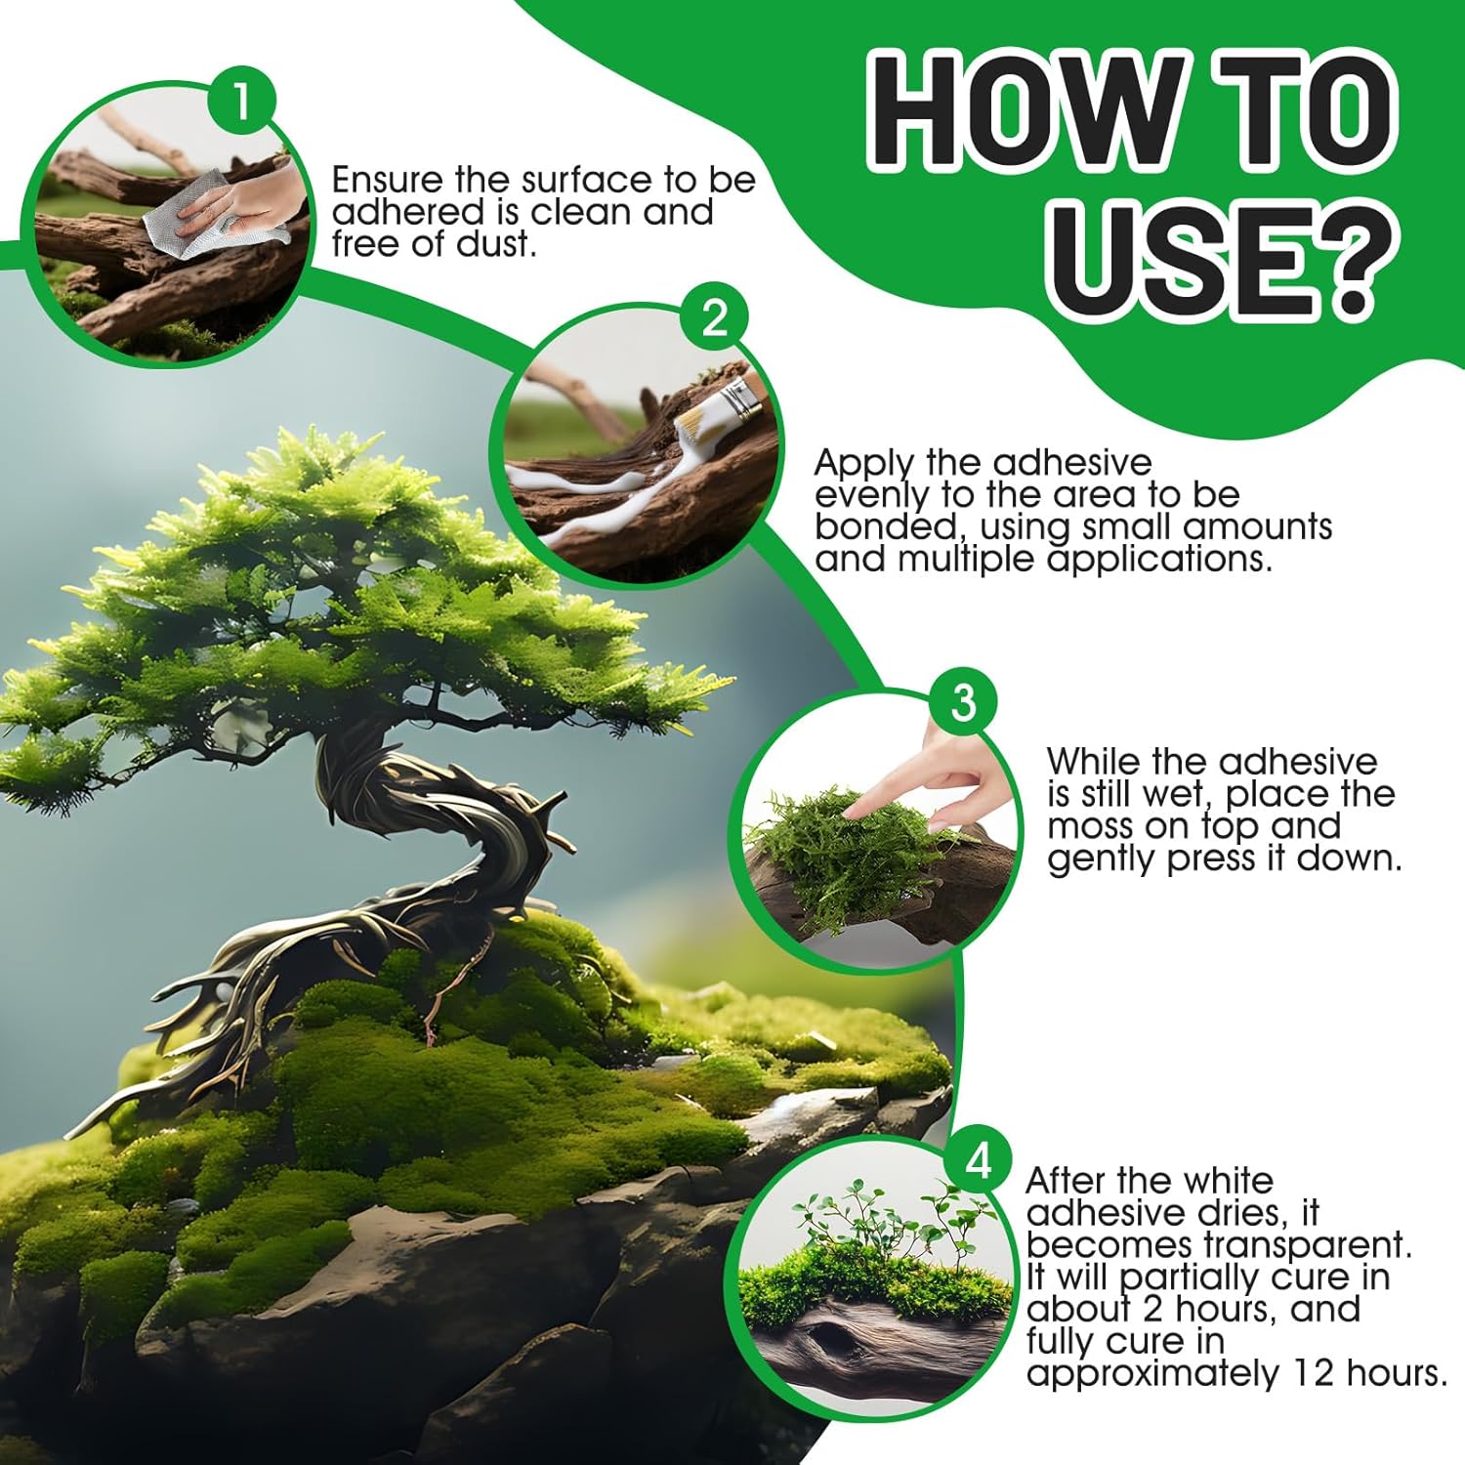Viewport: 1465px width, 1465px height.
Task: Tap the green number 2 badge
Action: (x=715, y=318)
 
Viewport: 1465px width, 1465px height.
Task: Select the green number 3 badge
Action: (x=963, y=702)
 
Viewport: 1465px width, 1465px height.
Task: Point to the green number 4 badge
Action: (x=979, y=1161)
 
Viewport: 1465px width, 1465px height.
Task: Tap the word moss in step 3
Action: (x=1089, y=826)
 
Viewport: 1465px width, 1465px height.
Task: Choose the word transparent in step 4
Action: (x=1308, y=1246)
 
